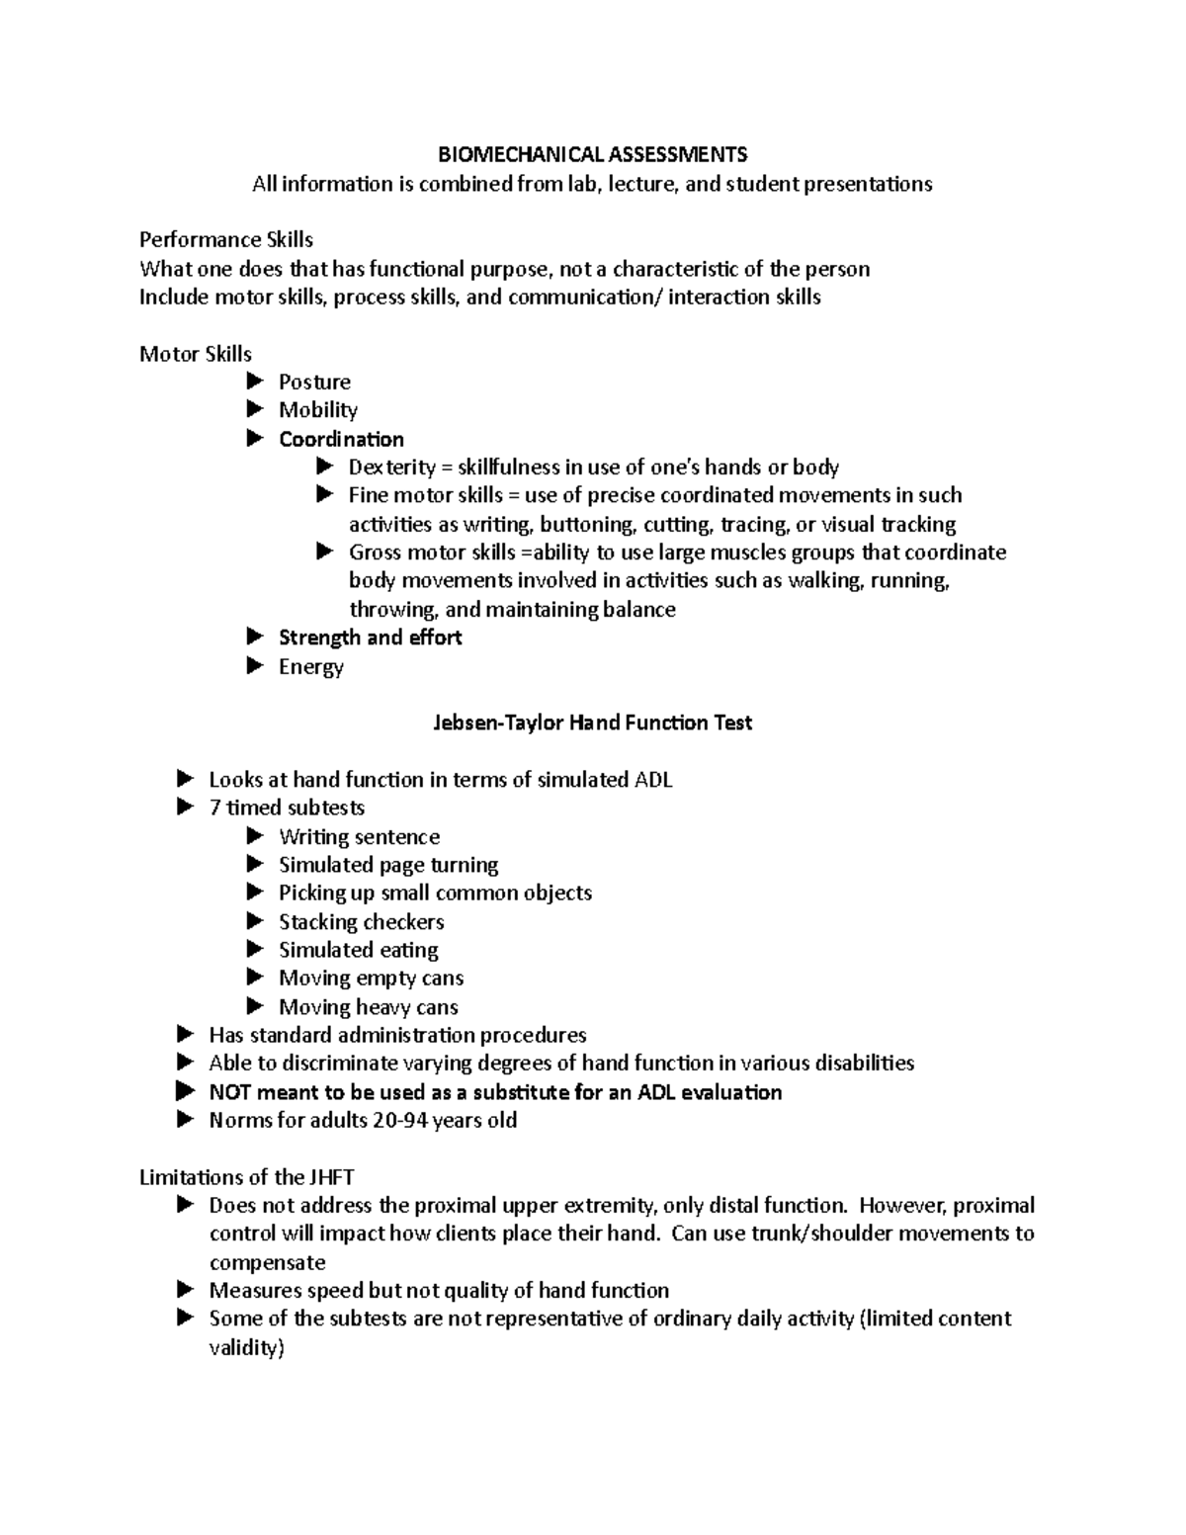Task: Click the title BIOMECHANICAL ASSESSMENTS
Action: click(x=593, y=154)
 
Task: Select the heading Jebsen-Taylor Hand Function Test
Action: click(x=593, y=723)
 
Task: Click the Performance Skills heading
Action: click(x=226, y=239)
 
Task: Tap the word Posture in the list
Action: click(x=314, y=382)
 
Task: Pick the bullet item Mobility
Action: click(x=317, y=410)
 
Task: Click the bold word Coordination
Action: click(x=341, y=439)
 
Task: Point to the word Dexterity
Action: click(x=391, y=467)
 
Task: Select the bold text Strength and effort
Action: click(x=370, y=638)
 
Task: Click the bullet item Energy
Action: click(x=310, y=666)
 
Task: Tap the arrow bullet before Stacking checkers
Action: click(x=256, y=921)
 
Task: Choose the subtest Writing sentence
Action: click(x=359, y=837)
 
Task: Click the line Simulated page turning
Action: click(x=388, y=865)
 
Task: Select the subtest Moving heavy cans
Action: click(x=368, y=1007)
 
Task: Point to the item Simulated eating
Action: click(x=358, y=950)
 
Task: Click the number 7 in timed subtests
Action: click(x=214, y=808)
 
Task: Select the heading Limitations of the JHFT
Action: click(x=246, y=1177)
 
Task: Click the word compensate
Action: click(x=267, y=1262)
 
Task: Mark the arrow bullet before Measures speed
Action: click(x=186, y=1290)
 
